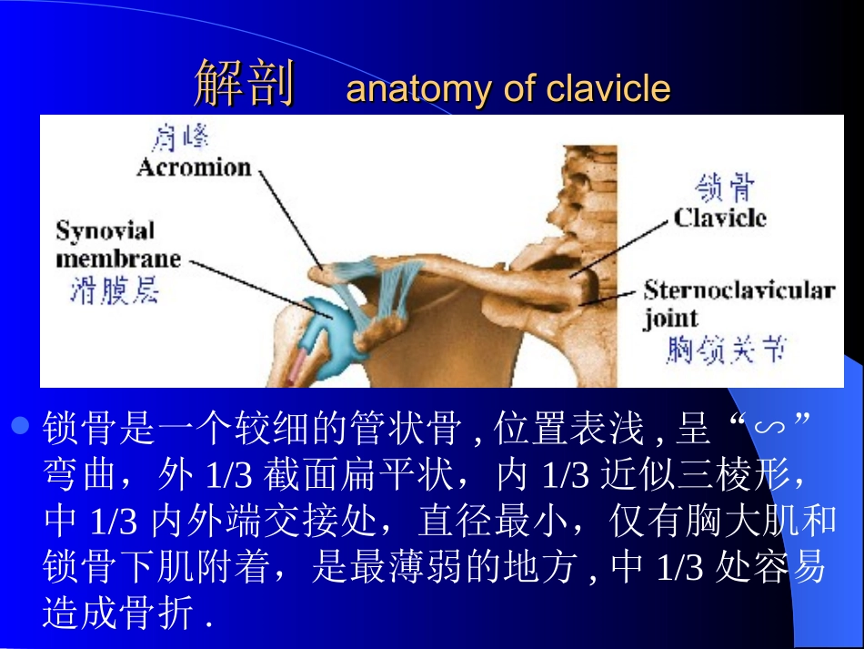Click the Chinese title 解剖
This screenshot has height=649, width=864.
(x=245, y=86)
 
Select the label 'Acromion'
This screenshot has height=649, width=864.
(x=194, y=167)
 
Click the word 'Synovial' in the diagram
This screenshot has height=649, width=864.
(x=105, y=231)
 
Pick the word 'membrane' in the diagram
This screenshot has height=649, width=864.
(x=118, y=259)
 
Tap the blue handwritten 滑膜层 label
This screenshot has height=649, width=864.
(x=115, y=290)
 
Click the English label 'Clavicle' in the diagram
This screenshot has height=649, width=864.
(x=719, y=218)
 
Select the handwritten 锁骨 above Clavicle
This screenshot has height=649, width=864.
(x=725, y=188)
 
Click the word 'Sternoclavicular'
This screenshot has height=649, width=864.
(x=738, y=290)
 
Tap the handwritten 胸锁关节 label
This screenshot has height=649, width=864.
(x=725, y=350)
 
